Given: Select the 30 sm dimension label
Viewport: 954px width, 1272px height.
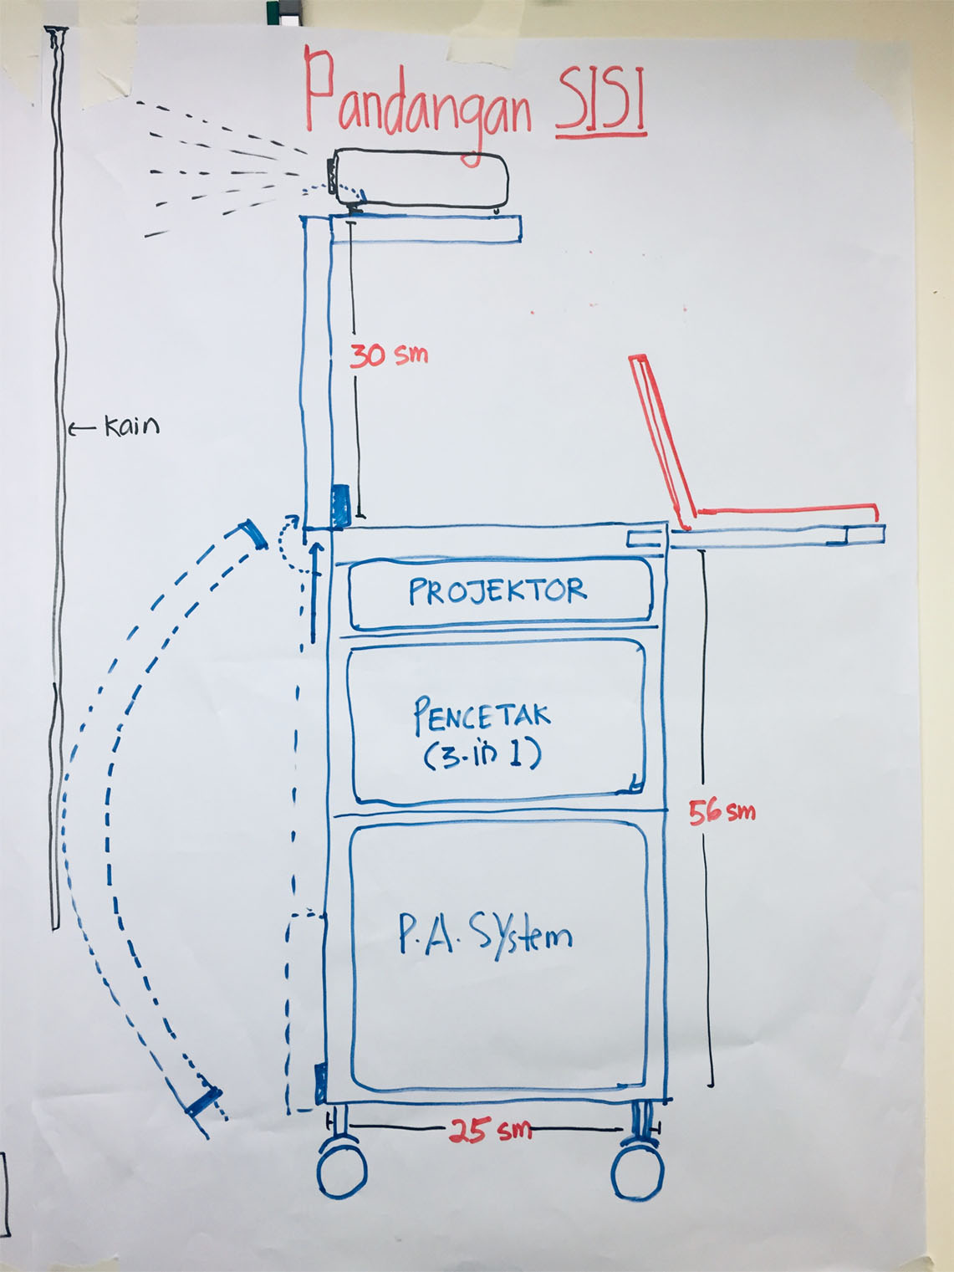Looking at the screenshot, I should point(389,355).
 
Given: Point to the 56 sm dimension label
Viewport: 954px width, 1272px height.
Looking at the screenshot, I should point(722,811).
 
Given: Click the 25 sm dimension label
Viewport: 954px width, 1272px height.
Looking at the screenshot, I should point(490,1131).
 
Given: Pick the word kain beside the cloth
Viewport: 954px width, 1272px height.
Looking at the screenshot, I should point(131,427).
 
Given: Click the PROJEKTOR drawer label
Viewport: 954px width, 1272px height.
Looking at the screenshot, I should point(497,591).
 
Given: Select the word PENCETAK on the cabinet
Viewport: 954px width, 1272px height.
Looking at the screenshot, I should point(482,717).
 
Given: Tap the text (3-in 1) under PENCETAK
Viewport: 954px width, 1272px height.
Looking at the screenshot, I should point(482,755).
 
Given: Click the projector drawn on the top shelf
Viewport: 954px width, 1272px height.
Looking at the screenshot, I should point(421,178).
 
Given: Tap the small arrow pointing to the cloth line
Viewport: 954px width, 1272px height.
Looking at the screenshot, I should point(82,429).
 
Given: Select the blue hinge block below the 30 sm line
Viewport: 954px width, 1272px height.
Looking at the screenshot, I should point(340,506).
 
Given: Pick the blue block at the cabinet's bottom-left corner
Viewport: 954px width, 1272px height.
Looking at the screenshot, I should point(319,1083).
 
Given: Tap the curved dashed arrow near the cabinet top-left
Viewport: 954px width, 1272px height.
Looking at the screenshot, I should point(287,544).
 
